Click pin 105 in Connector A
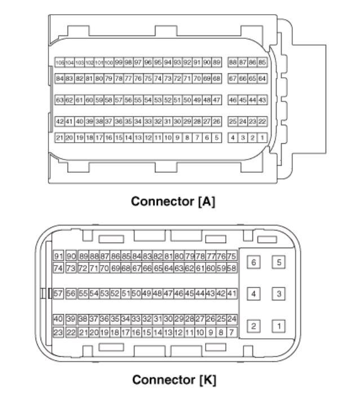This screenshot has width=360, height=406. [59, 63]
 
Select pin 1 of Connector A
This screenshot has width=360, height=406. [262, 137]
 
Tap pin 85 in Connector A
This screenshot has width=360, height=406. [262, 63]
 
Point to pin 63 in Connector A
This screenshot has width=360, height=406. [59, 100]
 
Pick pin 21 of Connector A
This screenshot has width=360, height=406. [59, 137]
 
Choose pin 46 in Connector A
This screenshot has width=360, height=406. [233, 100]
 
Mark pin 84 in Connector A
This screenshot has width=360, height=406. [59, 78]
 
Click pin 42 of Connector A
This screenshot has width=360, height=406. [59, 121]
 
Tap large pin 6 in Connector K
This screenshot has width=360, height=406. [255, 263]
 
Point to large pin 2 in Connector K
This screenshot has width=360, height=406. [255, 326]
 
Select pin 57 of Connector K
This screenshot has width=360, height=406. [57, 294]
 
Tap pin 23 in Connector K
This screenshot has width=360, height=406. [57, 333]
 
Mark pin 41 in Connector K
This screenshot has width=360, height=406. [232, 294]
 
